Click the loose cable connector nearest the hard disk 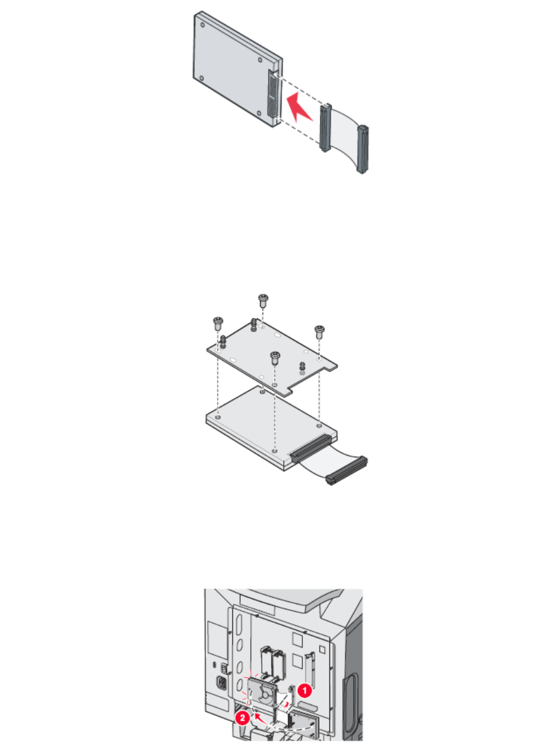324,128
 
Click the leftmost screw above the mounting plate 217,322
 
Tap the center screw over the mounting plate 275,356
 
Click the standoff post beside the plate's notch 302,368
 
